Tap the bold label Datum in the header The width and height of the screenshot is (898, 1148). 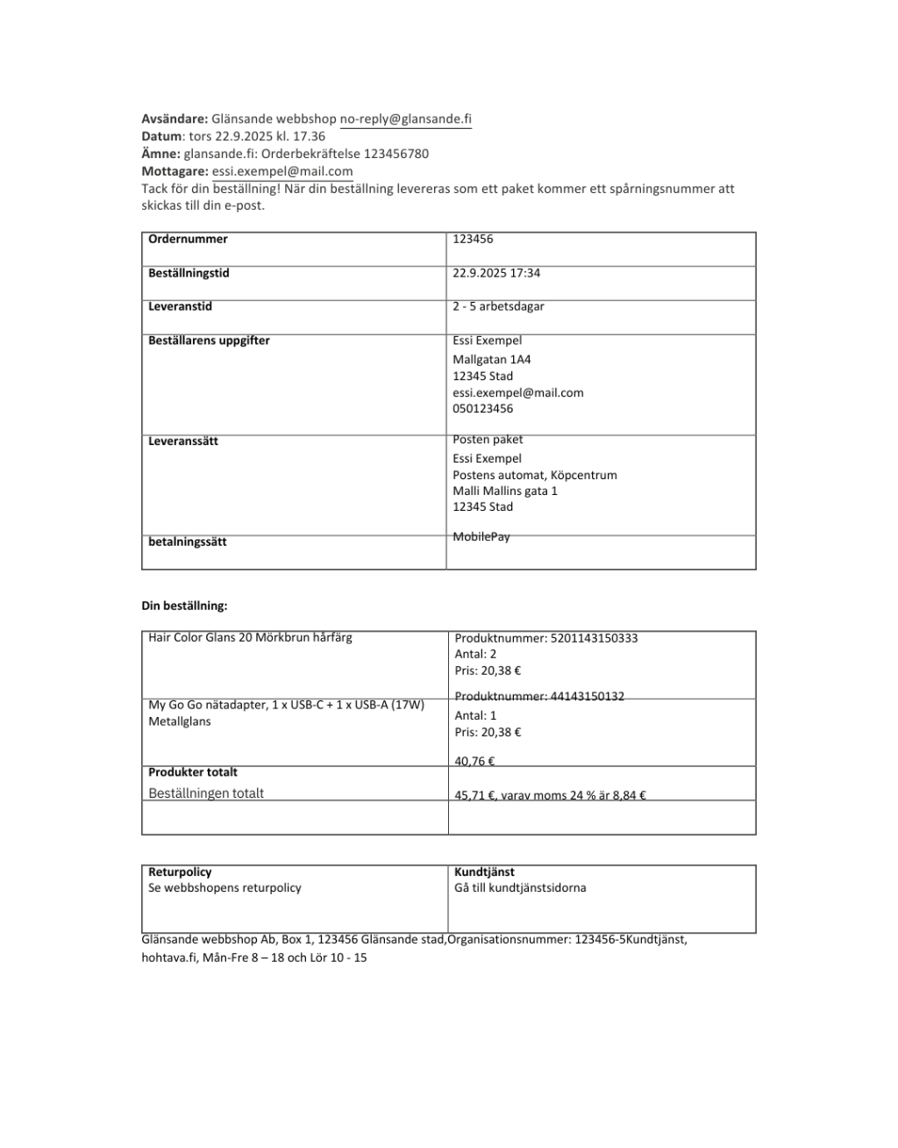(161, 136)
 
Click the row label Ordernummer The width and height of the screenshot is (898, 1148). (188, 239)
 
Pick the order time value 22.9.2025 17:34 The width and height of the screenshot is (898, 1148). (496, 273)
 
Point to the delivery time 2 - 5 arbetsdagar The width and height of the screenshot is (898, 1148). (498, 306)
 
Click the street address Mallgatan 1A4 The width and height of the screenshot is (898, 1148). (491, 359)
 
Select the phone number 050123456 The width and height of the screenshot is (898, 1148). (482, 408)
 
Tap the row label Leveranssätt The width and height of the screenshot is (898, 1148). (182, 441)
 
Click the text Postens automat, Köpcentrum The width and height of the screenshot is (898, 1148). (534, 475)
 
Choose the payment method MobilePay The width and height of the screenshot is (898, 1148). (481, 536)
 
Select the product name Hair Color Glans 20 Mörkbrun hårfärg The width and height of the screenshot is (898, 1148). (250, 637)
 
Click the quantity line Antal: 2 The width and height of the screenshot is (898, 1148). (475, 654)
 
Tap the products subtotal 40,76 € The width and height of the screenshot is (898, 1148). (474, 761)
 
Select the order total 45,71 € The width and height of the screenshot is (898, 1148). (474, 796)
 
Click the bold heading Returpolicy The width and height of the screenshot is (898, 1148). (180, 872)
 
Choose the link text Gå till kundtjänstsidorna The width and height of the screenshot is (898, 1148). (520, 887)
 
